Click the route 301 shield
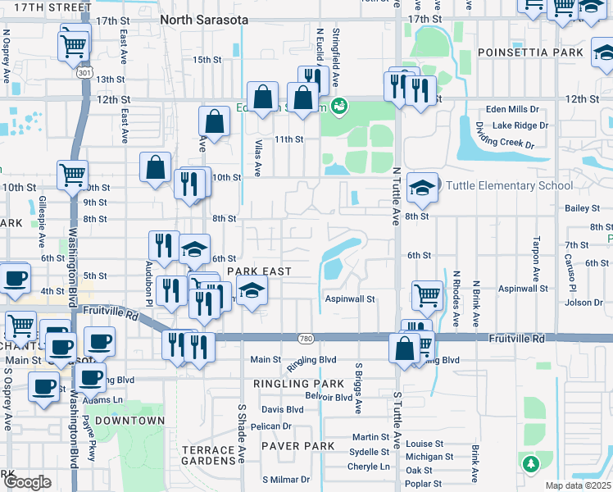point(84,74)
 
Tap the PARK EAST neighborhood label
point(260,271)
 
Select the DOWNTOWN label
point(129,421)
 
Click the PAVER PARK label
point(298,446)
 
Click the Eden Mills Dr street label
point(512,108)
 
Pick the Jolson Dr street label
point(583,303)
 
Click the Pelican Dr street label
point(276,426)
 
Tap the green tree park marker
point(530,464)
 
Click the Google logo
point(26,482)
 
